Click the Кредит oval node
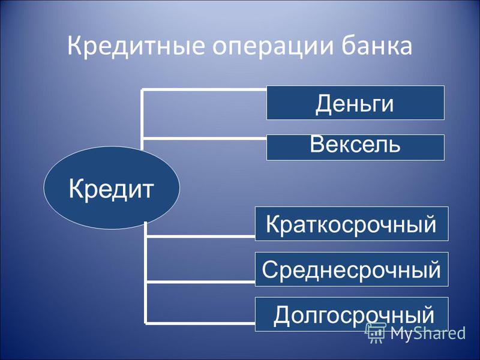pyautogui.click(x=112, y=188)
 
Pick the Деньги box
pyautogui.click(x=355, y=103)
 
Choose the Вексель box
pyautogui.click(x=355, y=147)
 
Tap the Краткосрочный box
pyautogui.click(x=352, y=224)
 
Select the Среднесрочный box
pyautogui.click(x=352, y=269)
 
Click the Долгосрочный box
pyautogui.click(x=352, y=314)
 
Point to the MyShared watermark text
pyautogui.click(x=428, y=333)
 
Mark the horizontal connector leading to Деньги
pyautogui.click(x=203, y=89)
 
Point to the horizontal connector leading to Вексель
pyautogui.click(x=203, y=139)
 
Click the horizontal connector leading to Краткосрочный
pyautogui.click(x=200, y=236)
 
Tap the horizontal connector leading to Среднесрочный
pyautogui.click(x=200, y=281)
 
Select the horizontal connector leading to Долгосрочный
pyautogui.click(x=200, y=323)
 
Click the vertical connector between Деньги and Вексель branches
pyautogui.click(x=142, y=114)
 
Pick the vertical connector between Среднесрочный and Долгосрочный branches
pyautogui.click(x=146, y=302)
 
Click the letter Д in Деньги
pyautogui.click(x=324, y=104)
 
